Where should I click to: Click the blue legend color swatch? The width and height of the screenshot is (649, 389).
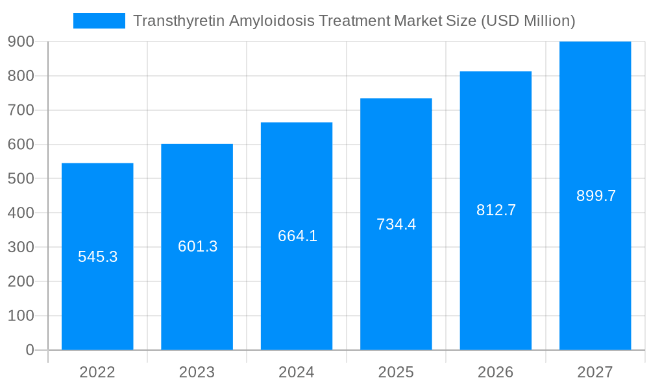[99, 21]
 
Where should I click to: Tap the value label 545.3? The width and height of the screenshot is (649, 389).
[97, 257]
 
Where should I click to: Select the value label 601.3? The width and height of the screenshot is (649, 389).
[197, 246]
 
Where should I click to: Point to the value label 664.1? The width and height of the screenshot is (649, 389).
[297, 236]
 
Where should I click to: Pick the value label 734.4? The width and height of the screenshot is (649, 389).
[396, 224]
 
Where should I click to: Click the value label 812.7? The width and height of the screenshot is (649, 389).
[496, 210]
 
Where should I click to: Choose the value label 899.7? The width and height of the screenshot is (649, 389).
[596, 196]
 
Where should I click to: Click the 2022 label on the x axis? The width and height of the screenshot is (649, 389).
[97, 372]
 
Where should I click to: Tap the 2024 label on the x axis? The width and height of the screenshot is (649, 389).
[297, 372]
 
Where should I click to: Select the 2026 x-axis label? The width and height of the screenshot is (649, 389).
[496, 372]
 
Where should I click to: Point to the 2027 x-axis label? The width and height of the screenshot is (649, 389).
[595, 372]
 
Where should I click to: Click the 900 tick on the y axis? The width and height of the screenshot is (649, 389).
[21, 41]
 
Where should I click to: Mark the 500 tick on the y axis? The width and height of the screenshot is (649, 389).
[21, 178]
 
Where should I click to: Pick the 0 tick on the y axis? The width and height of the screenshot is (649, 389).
[29, 350]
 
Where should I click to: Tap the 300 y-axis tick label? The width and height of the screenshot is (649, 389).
[21, 247]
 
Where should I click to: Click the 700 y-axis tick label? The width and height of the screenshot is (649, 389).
[21, 110]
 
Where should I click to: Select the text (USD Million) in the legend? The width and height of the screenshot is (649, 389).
[528, 21]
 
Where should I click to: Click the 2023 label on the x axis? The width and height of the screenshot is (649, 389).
[197, 372]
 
